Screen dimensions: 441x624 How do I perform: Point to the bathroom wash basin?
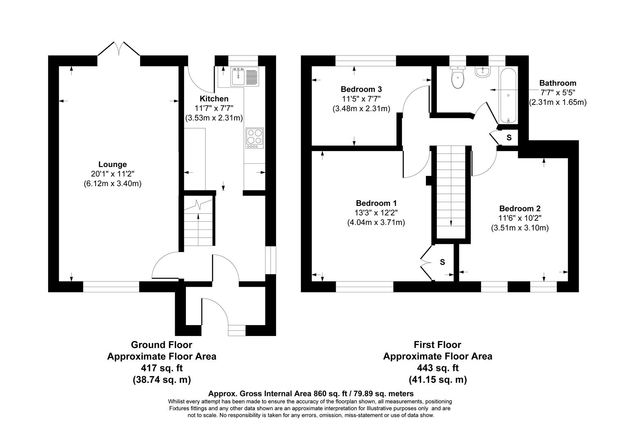[483, 72]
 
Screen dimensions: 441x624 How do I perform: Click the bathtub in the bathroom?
[508, 96]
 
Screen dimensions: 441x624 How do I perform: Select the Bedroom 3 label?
[361, 89]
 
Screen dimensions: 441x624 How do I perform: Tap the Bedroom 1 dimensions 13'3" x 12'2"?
[376, 212]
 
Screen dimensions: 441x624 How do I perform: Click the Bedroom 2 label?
[519, 209]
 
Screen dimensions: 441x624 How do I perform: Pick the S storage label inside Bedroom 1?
[442, 262]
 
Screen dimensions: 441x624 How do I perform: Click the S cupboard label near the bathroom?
[509, 138]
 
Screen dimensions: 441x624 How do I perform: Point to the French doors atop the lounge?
[119, 49]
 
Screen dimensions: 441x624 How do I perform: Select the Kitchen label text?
[214, 99]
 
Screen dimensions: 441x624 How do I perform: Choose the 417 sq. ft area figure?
[161, 368]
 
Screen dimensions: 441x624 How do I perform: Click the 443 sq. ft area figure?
[437, 368]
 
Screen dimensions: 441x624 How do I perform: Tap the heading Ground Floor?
[161, 345]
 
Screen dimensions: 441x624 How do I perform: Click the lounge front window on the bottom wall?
[111, 287]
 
